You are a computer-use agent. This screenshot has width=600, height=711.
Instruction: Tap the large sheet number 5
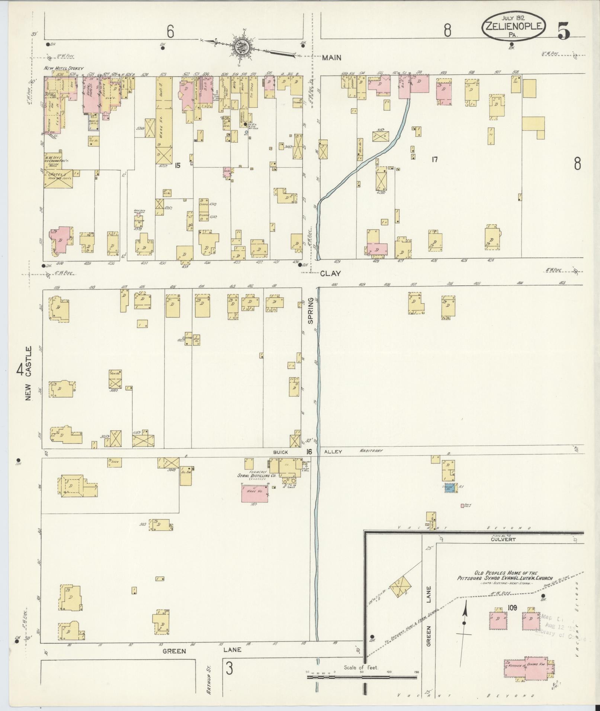pyautogui.click(x=564, y=30)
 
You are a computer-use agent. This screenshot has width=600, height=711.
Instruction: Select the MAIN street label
pyautogui.click(x=331, y=58)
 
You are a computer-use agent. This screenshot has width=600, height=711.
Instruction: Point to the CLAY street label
pyautogui.click(x=330, y=273)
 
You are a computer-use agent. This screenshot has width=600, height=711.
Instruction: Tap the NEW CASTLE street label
pyautogui.click(x=29, y=373)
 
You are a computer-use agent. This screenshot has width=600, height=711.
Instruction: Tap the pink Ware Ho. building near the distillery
pyautogui.click(x=255, y=493)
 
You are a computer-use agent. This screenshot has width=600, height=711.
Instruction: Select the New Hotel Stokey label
pyautogui.click(x=64, y=68)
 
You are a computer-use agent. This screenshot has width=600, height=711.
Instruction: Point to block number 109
pyautogui.click(x=512, y=608)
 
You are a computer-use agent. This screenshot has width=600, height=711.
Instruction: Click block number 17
pyautogui.click(x=434, y=160)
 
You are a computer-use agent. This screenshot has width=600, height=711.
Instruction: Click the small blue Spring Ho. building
pyautogui.click(x=449, y=488)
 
